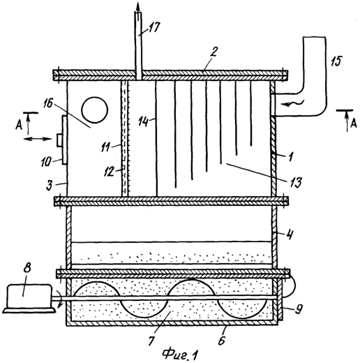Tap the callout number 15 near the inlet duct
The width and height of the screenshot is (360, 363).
click(336, 61)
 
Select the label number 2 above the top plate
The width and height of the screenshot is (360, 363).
click(213, 52)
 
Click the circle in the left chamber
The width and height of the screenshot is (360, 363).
click(95, 110)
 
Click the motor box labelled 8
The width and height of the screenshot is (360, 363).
click(29, 297)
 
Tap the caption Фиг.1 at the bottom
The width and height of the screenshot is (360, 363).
click(180, 354)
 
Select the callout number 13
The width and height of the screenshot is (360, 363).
click(295, 182)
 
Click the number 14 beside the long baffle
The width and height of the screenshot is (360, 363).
click(143, 121)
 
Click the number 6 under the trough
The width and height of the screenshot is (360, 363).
click(222, 340)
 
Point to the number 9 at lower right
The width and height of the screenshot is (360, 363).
click(299, 309)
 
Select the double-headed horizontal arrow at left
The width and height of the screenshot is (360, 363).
click(38, 139)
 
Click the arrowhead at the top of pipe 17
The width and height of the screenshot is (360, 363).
click(138, 7)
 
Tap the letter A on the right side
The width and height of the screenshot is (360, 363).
click(353, 124)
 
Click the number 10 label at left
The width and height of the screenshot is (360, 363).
click(46, 162)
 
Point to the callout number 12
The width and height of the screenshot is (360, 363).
click(110, 172)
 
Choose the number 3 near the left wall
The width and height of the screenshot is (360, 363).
click(49, 186)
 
